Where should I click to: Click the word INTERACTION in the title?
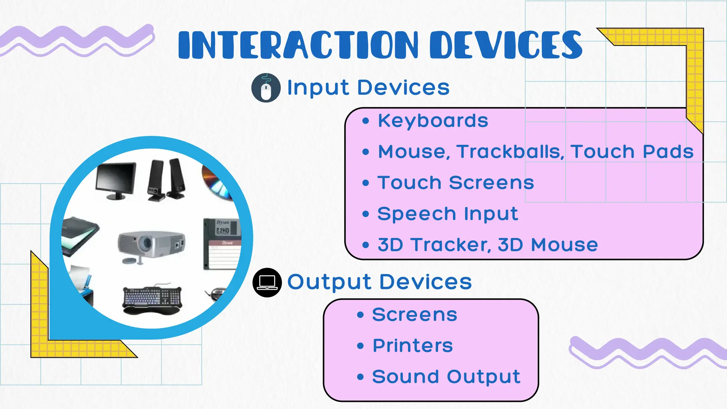click(x=298, y=45)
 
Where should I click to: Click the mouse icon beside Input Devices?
click(x=266, y=88)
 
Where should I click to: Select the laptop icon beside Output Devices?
click(x=267, y=282)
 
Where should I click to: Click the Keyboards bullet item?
click(x=433, y=121)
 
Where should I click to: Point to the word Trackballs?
click(x=510, y=152)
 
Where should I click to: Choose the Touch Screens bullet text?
click(x=455, y=183)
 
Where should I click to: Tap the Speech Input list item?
click(x=447, y=214)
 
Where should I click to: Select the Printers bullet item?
click(x=412, y=346)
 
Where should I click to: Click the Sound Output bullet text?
click(x=446, y=377)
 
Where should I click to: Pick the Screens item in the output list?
click(x=414, y=315)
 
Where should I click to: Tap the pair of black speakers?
click(x=166, y=180)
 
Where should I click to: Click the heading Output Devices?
click(x=379, y=282)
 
